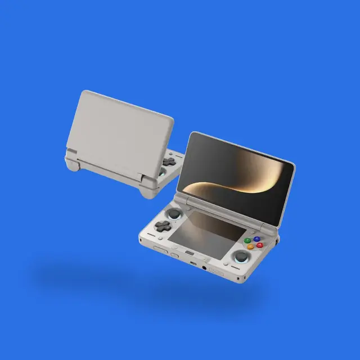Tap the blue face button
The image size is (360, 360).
tap(257, 238)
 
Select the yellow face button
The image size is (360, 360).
tap(250, 247)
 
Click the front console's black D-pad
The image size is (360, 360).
tap(163, 226)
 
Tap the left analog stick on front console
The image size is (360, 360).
tap(174, 214)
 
